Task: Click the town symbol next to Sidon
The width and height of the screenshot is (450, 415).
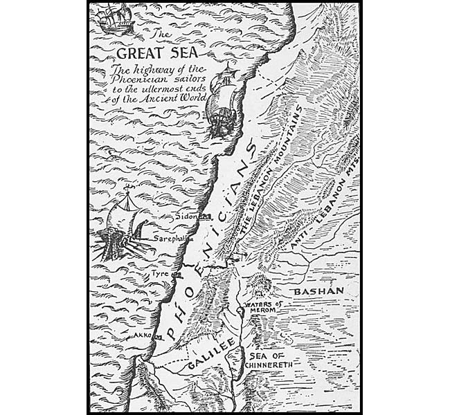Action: (205, 216)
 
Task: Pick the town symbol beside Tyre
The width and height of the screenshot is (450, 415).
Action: (177, 275)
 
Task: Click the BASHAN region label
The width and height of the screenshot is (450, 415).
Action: (318, 292)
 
